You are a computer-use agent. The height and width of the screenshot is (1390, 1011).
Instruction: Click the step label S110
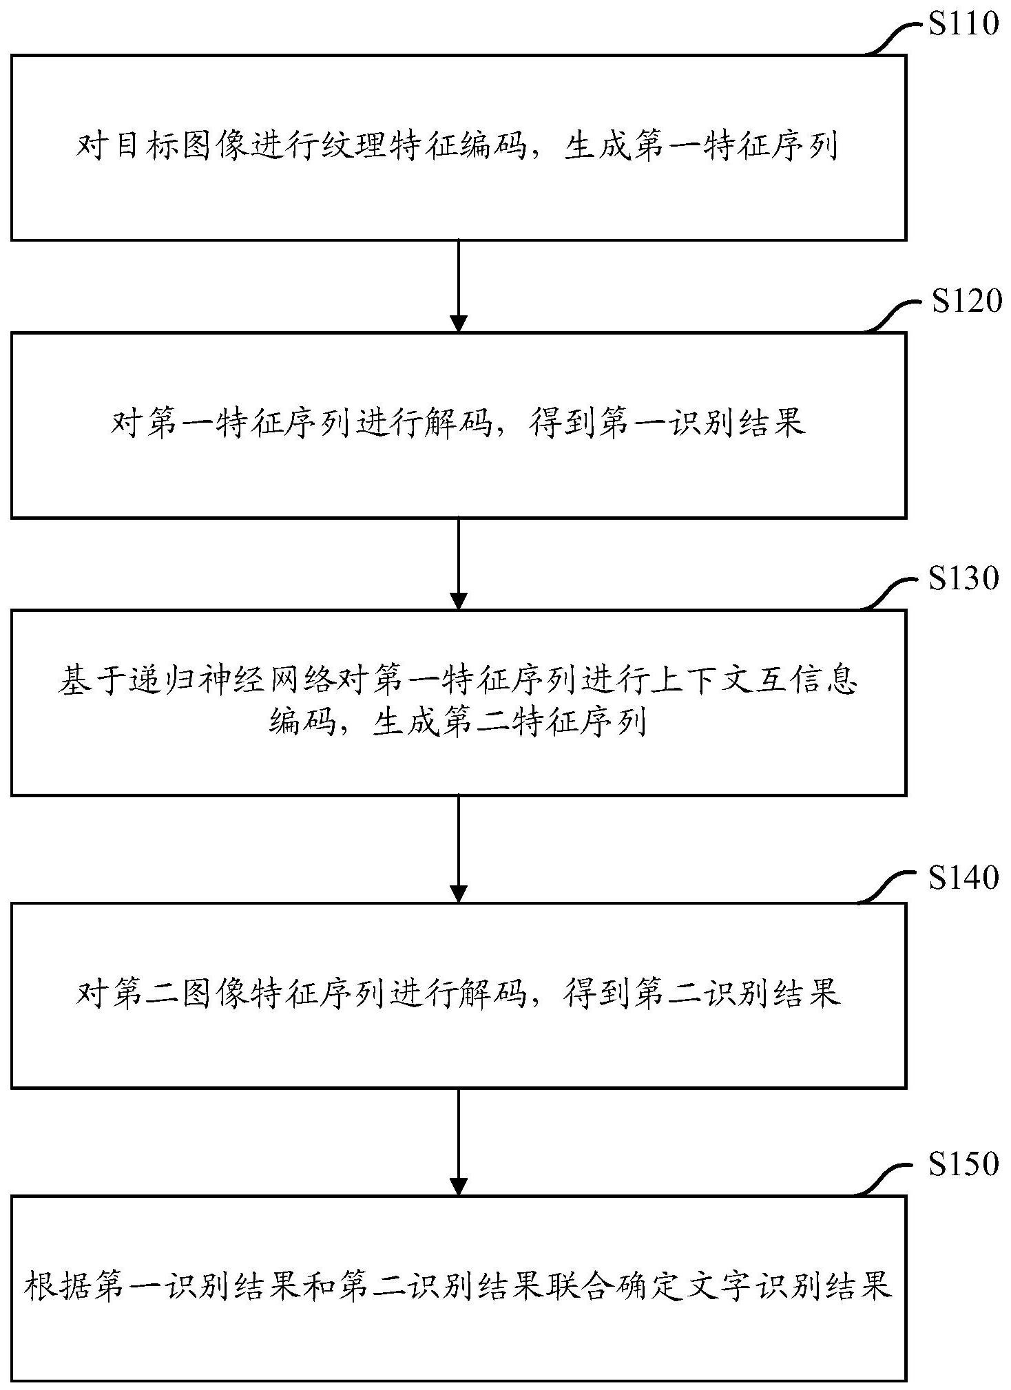click(963, 23)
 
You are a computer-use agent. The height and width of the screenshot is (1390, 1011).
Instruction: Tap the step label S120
click(966, 301)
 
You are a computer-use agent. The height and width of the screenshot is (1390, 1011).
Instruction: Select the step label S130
click(963, 578)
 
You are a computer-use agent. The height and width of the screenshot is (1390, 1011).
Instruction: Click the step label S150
click(963, 1163)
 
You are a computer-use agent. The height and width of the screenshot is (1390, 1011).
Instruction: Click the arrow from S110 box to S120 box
click(458, 286)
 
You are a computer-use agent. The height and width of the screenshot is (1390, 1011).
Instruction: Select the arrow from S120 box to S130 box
click(458, 563)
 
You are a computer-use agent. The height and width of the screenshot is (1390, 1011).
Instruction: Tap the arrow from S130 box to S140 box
click(458, 848)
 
